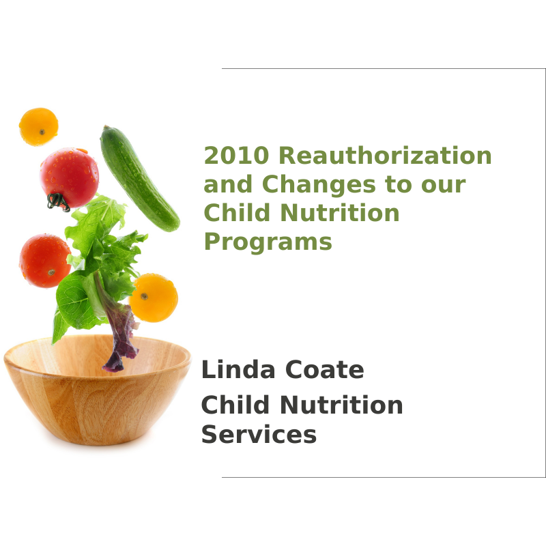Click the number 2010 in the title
coord(236,156)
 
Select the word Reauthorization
coord(385,156)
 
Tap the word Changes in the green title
coord(319,184)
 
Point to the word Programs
coord(268,242)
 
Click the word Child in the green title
coord(237,212)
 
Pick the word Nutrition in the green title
coord(340,212)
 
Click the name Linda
coord(238,369)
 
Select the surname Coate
coord(325,369)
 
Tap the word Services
coord(259,434)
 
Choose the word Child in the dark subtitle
coord(235,405)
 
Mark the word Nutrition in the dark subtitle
coord(341,405)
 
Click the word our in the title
coord(443,184)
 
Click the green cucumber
coord(139,179)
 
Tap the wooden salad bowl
coord(97,390)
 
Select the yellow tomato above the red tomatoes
coord(39,127)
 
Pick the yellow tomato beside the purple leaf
coord(154,298)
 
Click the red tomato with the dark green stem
coord(70,179)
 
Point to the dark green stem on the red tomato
coord(57,201)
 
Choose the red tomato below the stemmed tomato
coord(45,261)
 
